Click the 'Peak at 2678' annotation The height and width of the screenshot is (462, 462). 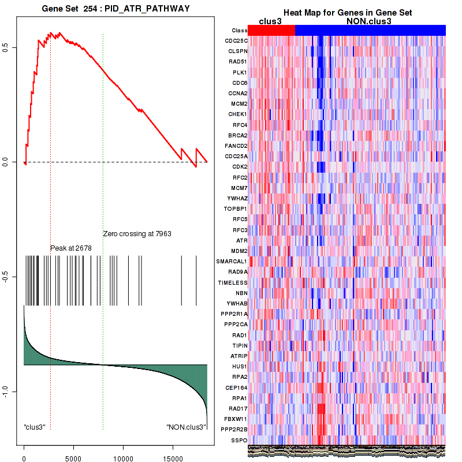click(x=71, y=248)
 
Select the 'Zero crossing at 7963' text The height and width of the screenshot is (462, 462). click(x=137, y=234)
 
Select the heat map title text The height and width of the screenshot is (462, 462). click(x=347, y=13)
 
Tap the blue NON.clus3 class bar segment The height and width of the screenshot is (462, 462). click(x=370, y=30)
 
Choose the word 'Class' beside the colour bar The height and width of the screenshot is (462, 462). click(x=239, y=31)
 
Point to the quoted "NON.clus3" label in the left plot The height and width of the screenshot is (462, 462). click(x=186, y=427)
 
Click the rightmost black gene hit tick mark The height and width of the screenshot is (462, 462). click(x=196, y=280)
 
